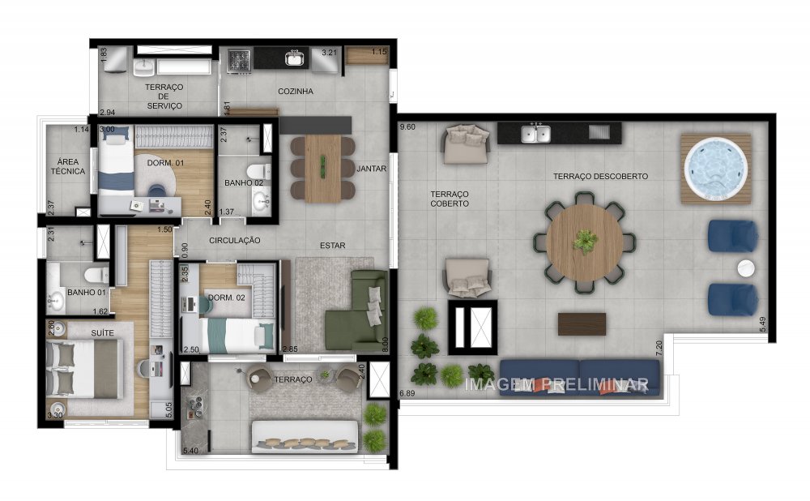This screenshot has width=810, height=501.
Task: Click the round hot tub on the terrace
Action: (x=715, y=169)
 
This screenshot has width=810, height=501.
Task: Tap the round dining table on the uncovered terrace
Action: (x=584, y=241)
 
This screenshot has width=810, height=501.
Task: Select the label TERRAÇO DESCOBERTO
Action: (x=600, y=176)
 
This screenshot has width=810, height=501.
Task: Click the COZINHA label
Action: (x=295, y=92)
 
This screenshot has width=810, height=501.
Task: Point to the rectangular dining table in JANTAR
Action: (x=322, y=168)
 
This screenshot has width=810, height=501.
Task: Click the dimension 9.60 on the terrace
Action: (x=407, y=127)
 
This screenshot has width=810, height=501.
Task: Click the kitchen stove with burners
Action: (x=240, y=58)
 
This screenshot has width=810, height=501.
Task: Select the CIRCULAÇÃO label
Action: (x=234, y=241)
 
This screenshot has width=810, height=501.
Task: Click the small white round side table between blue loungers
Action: (x=744, y=268)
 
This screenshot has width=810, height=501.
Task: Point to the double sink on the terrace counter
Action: (x=536, y=133)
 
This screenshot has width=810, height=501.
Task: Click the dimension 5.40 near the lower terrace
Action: (x=191, y=450)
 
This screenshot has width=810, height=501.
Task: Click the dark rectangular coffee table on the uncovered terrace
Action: (x=581, y=323)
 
